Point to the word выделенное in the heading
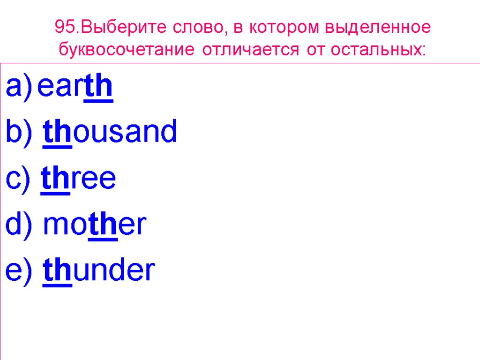coord(383,27)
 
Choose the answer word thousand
coord(110,132)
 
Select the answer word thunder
coord(98,270)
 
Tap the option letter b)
coord(19,132)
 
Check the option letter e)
coord(19,271)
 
